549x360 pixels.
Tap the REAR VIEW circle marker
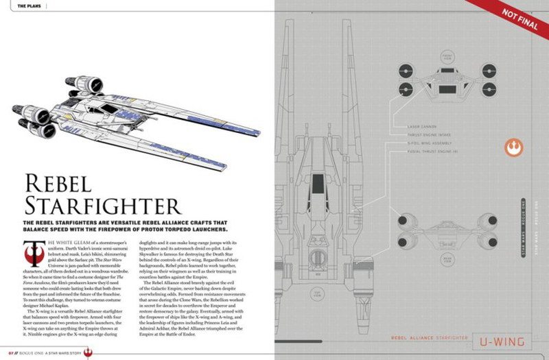click(x=428, y=257)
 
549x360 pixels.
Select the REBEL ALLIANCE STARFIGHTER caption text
click(x=428, y=338)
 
